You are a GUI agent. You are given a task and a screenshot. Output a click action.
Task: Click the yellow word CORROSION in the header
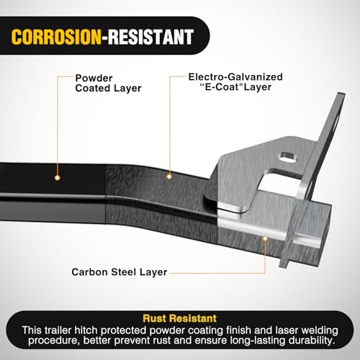pos(56,37)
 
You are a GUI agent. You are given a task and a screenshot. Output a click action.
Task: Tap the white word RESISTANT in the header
pos(150,37)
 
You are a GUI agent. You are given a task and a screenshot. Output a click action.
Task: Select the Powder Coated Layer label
pos(108,84)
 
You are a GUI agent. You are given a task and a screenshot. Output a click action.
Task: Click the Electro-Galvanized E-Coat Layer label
pos(235,82)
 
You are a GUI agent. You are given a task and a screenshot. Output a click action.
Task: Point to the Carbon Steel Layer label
pos(120,272)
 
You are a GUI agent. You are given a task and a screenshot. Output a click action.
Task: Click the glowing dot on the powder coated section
pos(57,178)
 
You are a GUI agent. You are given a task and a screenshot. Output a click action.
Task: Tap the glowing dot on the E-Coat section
pos(169,177)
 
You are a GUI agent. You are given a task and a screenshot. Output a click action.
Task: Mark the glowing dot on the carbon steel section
pos(265,239)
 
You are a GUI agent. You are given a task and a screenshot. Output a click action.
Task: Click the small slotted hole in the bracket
pos(288,157)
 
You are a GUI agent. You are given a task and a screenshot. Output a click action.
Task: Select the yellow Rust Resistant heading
pos(180,318)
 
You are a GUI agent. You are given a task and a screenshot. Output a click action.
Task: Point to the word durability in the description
pos(311,341)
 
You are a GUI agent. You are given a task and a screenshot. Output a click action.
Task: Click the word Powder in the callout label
pos(94,78)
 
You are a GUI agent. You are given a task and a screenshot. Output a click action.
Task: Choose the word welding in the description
pos(320,330)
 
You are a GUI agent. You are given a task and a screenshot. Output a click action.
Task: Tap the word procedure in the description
pos(53,341)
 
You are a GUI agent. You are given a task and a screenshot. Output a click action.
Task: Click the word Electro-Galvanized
pos(235,77)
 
